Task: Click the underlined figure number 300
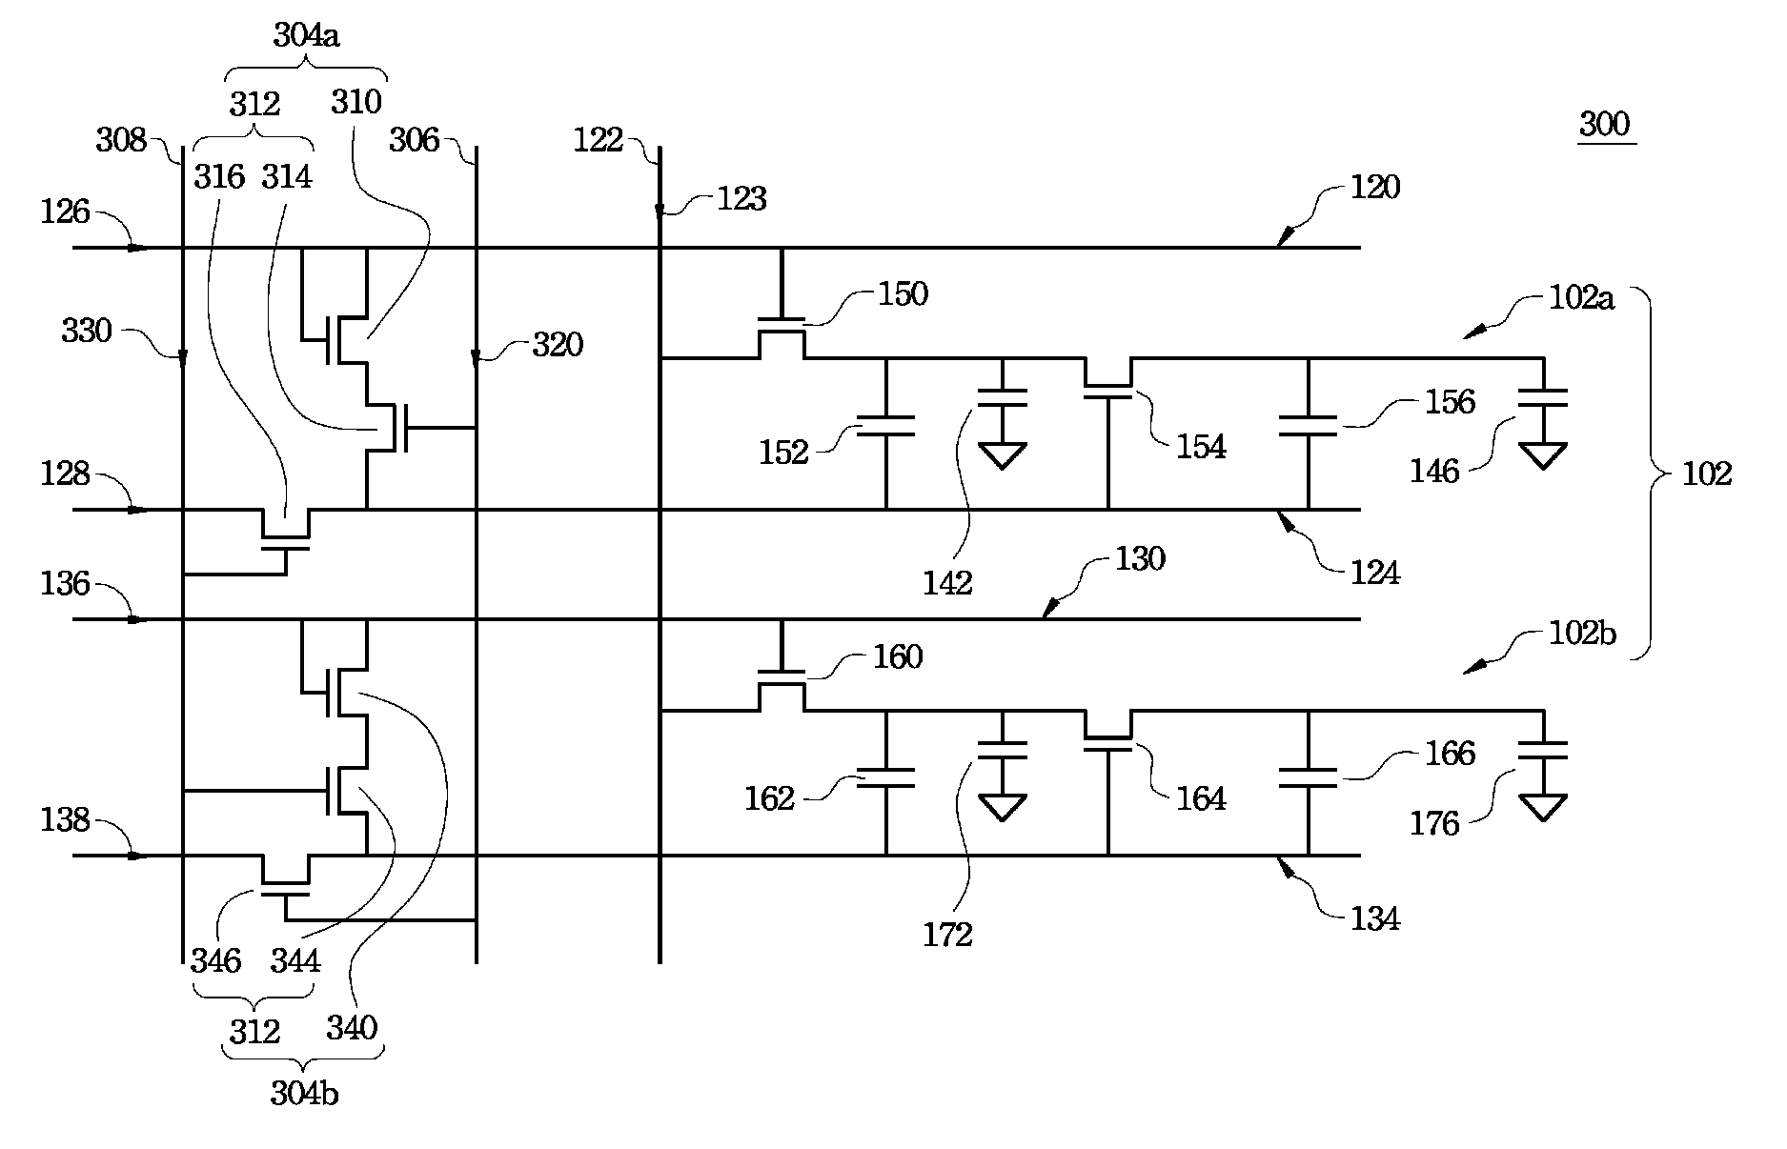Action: [x=1605, y=125]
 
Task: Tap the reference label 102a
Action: [x=1581, y=298]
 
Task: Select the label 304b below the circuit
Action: [x=304, y=1094]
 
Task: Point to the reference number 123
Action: [x=741, y=199]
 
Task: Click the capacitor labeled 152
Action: [x=886, y=426]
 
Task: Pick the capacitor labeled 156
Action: [x=1308, y=426]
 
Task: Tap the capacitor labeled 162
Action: [x=886, y=777]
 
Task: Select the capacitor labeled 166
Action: [x=1308, y=777]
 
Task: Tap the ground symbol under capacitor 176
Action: [x=1543, y=808]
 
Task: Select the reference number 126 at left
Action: [x=65, y=212]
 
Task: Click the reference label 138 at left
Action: [x=65, y=819]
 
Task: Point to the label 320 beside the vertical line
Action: [x=557, y=345]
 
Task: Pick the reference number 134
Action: [x=1375, y=919]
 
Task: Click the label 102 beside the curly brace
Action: [x=1705, y=474]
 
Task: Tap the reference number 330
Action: [x=87, y=332]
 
